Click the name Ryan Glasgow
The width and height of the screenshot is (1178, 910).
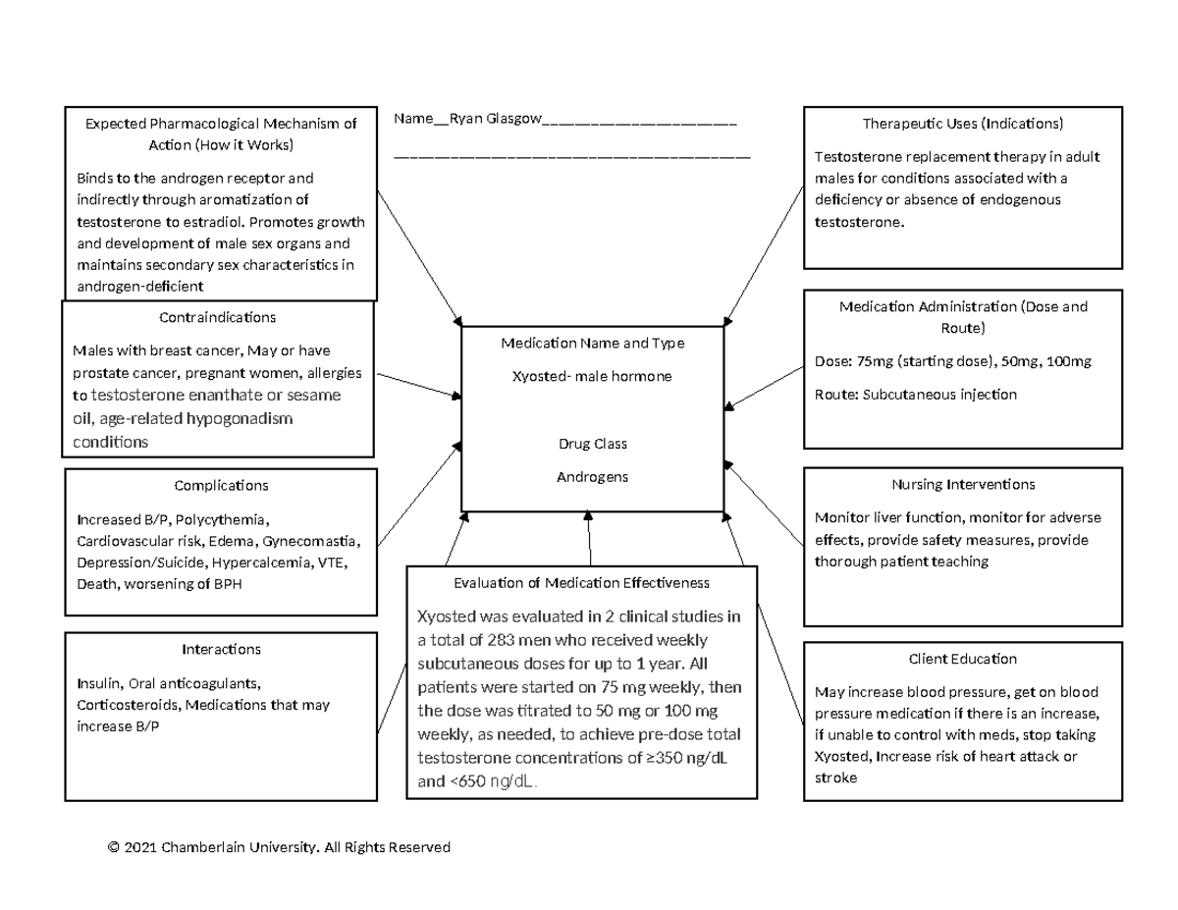point(495,119)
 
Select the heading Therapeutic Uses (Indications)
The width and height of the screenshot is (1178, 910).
point(962,124)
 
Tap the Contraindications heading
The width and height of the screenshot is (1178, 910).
point(217,317)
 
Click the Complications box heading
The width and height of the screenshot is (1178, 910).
point(221,485)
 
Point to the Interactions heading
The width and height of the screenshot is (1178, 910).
point(221,649)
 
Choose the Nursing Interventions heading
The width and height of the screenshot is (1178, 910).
point(962,484)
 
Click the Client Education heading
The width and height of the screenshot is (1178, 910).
point(962,659)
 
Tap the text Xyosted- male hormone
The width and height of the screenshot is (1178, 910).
point(592,376)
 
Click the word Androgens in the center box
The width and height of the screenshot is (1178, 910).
point(592,477)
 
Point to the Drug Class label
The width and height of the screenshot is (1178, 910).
point(592,444)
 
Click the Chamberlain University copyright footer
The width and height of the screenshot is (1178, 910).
point(279,847)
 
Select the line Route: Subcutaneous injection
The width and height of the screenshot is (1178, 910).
point(915,395)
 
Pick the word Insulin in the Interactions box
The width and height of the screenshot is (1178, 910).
point(96,683)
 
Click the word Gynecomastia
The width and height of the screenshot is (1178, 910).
point(312,541)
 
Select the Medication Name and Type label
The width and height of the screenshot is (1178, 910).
point(592,343)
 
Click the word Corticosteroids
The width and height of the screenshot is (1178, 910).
point(127,705)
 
